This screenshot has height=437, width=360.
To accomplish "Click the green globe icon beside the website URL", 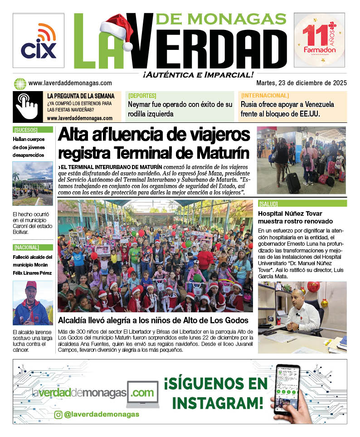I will pos(20,83).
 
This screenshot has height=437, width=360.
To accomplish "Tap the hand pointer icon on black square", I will pos(27,107).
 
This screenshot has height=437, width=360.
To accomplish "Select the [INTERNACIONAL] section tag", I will pos(265,96).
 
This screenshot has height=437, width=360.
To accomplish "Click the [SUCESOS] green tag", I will pos(25,130).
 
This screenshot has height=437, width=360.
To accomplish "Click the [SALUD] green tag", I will pos(268,204).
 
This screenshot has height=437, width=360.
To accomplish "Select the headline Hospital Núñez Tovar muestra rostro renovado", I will pos(295,217).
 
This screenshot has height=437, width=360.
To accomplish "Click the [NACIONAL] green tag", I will pos(26,248).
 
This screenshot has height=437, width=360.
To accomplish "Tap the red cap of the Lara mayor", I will pos(31,285).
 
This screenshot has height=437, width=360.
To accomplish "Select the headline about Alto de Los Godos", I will pos(153,320).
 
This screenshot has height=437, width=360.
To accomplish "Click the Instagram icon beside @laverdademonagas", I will pos(58,414).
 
